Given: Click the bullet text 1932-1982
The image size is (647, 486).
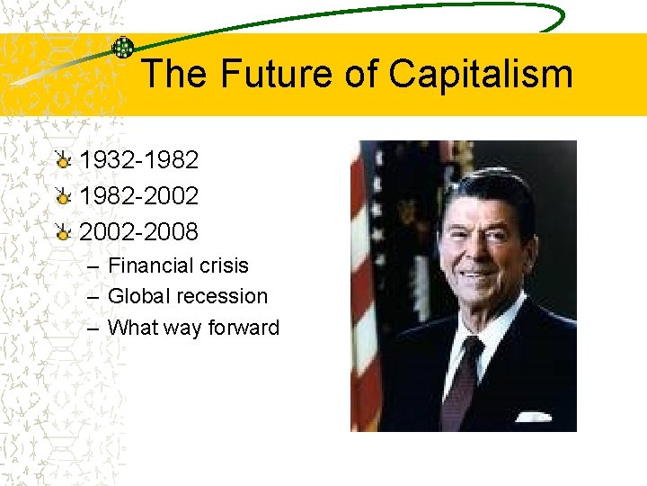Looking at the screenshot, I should [139, 160].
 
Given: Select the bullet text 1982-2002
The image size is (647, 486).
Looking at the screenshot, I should [139, 195].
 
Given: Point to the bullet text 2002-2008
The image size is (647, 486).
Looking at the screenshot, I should [139, 231].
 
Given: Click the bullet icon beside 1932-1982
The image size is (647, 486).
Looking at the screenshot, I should [62, 161].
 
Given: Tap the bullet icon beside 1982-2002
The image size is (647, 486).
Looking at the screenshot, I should [62, 196].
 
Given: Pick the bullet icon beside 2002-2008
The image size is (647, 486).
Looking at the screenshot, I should [62, 232].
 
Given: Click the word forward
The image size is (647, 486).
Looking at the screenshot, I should [244, 328].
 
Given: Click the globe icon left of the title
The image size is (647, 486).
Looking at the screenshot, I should [123, 49].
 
